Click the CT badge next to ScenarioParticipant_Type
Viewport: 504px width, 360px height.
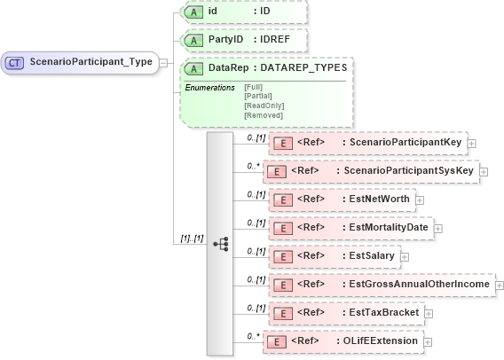16,62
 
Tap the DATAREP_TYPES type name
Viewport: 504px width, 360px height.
303,67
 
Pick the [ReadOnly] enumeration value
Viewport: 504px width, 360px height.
264,105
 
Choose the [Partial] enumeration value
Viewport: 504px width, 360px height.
257,95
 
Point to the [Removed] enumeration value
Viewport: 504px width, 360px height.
263,114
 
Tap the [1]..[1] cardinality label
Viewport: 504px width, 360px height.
192,237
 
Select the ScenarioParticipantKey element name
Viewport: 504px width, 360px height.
406,142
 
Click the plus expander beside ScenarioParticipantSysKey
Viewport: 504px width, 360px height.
484,171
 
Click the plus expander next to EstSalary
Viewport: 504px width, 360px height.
405,256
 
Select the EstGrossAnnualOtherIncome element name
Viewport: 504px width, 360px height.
420,285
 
